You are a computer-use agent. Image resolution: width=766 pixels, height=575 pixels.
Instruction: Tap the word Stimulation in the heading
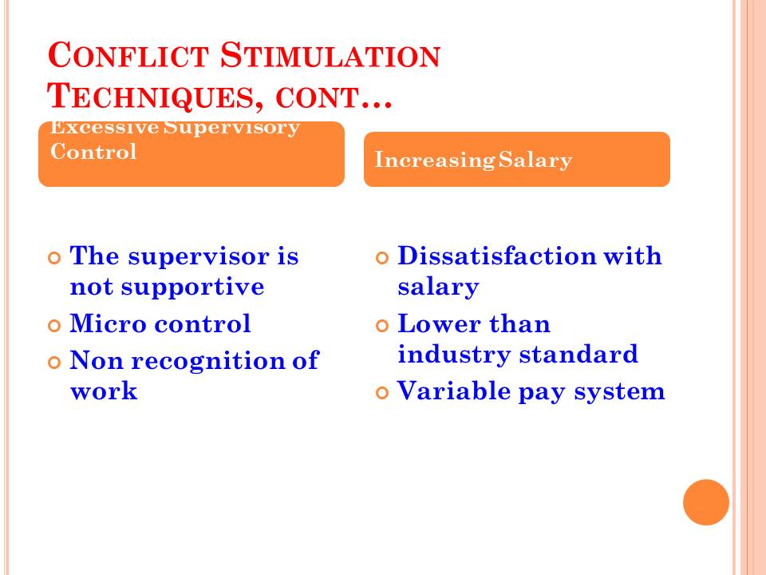330,55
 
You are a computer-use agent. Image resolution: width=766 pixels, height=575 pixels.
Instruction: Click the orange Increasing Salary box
517,160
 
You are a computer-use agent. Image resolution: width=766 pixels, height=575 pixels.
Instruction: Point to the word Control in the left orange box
93,152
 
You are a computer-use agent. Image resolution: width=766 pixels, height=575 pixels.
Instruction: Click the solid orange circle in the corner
706,502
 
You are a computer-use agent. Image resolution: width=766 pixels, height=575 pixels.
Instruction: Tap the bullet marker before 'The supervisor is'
55,258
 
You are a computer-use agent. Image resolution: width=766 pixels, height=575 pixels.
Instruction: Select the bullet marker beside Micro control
55,325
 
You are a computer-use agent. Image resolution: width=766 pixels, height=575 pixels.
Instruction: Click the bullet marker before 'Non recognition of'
55,363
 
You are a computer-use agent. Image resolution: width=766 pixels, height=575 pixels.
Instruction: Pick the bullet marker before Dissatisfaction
382,258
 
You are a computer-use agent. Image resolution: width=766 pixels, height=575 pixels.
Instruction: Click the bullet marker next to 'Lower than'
382,325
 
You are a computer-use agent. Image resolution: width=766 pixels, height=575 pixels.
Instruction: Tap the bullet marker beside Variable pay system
382,393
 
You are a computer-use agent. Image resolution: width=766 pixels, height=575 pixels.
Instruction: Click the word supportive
192,287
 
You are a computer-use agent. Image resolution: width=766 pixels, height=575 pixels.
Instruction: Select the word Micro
109,323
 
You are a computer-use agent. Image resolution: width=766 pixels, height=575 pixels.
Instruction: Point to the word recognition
208,361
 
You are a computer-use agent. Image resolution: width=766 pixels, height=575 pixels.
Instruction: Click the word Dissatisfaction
497,256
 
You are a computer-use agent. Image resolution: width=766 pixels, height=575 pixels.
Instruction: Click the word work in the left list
104,391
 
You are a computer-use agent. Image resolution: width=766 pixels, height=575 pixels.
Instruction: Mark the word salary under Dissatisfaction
438,287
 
